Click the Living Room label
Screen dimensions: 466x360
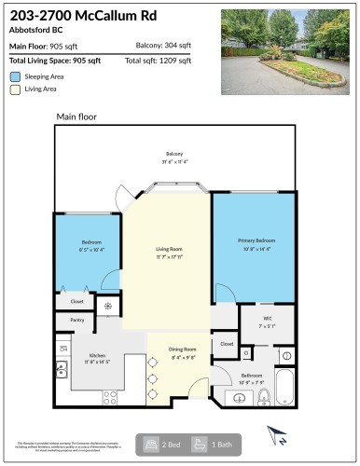[x=168, y=249]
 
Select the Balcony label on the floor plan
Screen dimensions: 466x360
[x=174, y=154]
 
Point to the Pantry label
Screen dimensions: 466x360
[x=76, y=321]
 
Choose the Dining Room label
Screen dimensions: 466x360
[x=182, y=349]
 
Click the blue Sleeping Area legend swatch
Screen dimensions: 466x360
[x=15, y=75]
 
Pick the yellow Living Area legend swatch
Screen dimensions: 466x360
[x=15, y=89]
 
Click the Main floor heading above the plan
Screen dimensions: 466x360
[x=76, y=116]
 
